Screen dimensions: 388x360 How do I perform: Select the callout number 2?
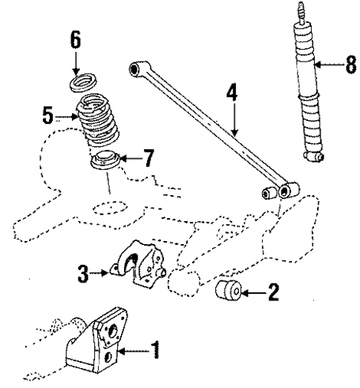click(273, 291)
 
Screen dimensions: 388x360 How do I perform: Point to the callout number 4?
click(232, 93)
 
